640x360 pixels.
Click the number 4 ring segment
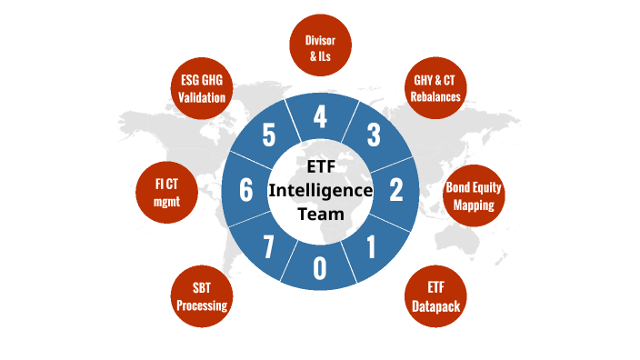(x=320, y=117)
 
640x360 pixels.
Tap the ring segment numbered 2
(x=395, y=190)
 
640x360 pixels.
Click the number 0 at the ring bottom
(x=320, y=266)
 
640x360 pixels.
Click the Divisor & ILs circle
(x=320, y=48)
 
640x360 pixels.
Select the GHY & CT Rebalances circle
(x=431, y=85)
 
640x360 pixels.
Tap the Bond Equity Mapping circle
(x=474, y=196)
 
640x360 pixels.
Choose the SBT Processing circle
(x=202, y=297)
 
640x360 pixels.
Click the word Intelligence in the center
(x=320, y=191)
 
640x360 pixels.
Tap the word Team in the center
(x=320, y=215)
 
